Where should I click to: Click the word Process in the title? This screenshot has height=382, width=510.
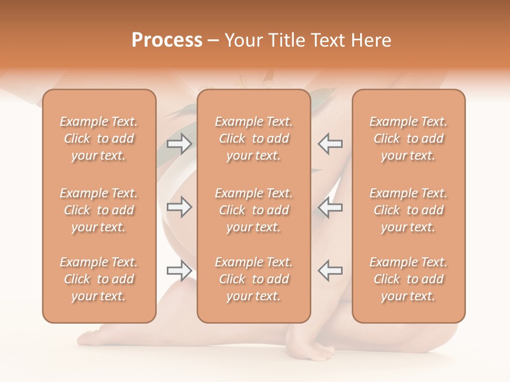tap(167, 40)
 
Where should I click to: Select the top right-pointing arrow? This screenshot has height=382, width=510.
tap(180, 144)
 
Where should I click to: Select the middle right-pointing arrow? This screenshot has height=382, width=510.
tap(180, 207)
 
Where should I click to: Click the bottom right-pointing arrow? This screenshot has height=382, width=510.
tap(180, 271)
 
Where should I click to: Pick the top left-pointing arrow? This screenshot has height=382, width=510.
tap(330, 144)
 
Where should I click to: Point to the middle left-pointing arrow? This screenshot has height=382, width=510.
tap(330, 207)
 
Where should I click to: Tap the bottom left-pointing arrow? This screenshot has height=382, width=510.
tap(330, 271)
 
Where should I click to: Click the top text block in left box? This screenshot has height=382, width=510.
tap(99, 138)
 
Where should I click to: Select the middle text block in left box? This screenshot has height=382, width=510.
tap(99, 210)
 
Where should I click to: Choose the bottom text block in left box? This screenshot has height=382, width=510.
tap(99, 279)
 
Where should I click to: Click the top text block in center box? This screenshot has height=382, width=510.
tap(254, 138)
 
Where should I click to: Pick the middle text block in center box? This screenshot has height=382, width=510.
tap(254, 210)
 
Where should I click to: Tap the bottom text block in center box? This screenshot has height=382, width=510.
tap(254, 279)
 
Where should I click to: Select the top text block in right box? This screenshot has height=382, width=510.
tap(409, 138)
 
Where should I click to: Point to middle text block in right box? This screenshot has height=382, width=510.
tap(409, 210)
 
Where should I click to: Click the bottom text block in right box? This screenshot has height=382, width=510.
tap(409, 279)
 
